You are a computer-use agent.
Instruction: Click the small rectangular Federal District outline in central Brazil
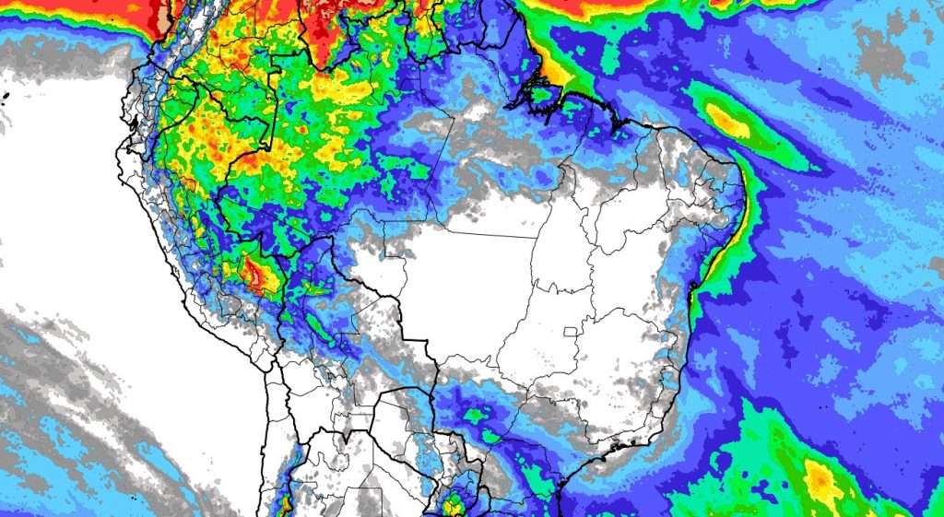point(572,331)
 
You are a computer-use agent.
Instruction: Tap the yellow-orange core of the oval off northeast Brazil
point(727,121)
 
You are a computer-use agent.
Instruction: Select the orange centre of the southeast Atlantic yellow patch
point(819,478)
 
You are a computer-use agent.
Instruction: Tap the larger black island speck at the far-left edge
point(5,96)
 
